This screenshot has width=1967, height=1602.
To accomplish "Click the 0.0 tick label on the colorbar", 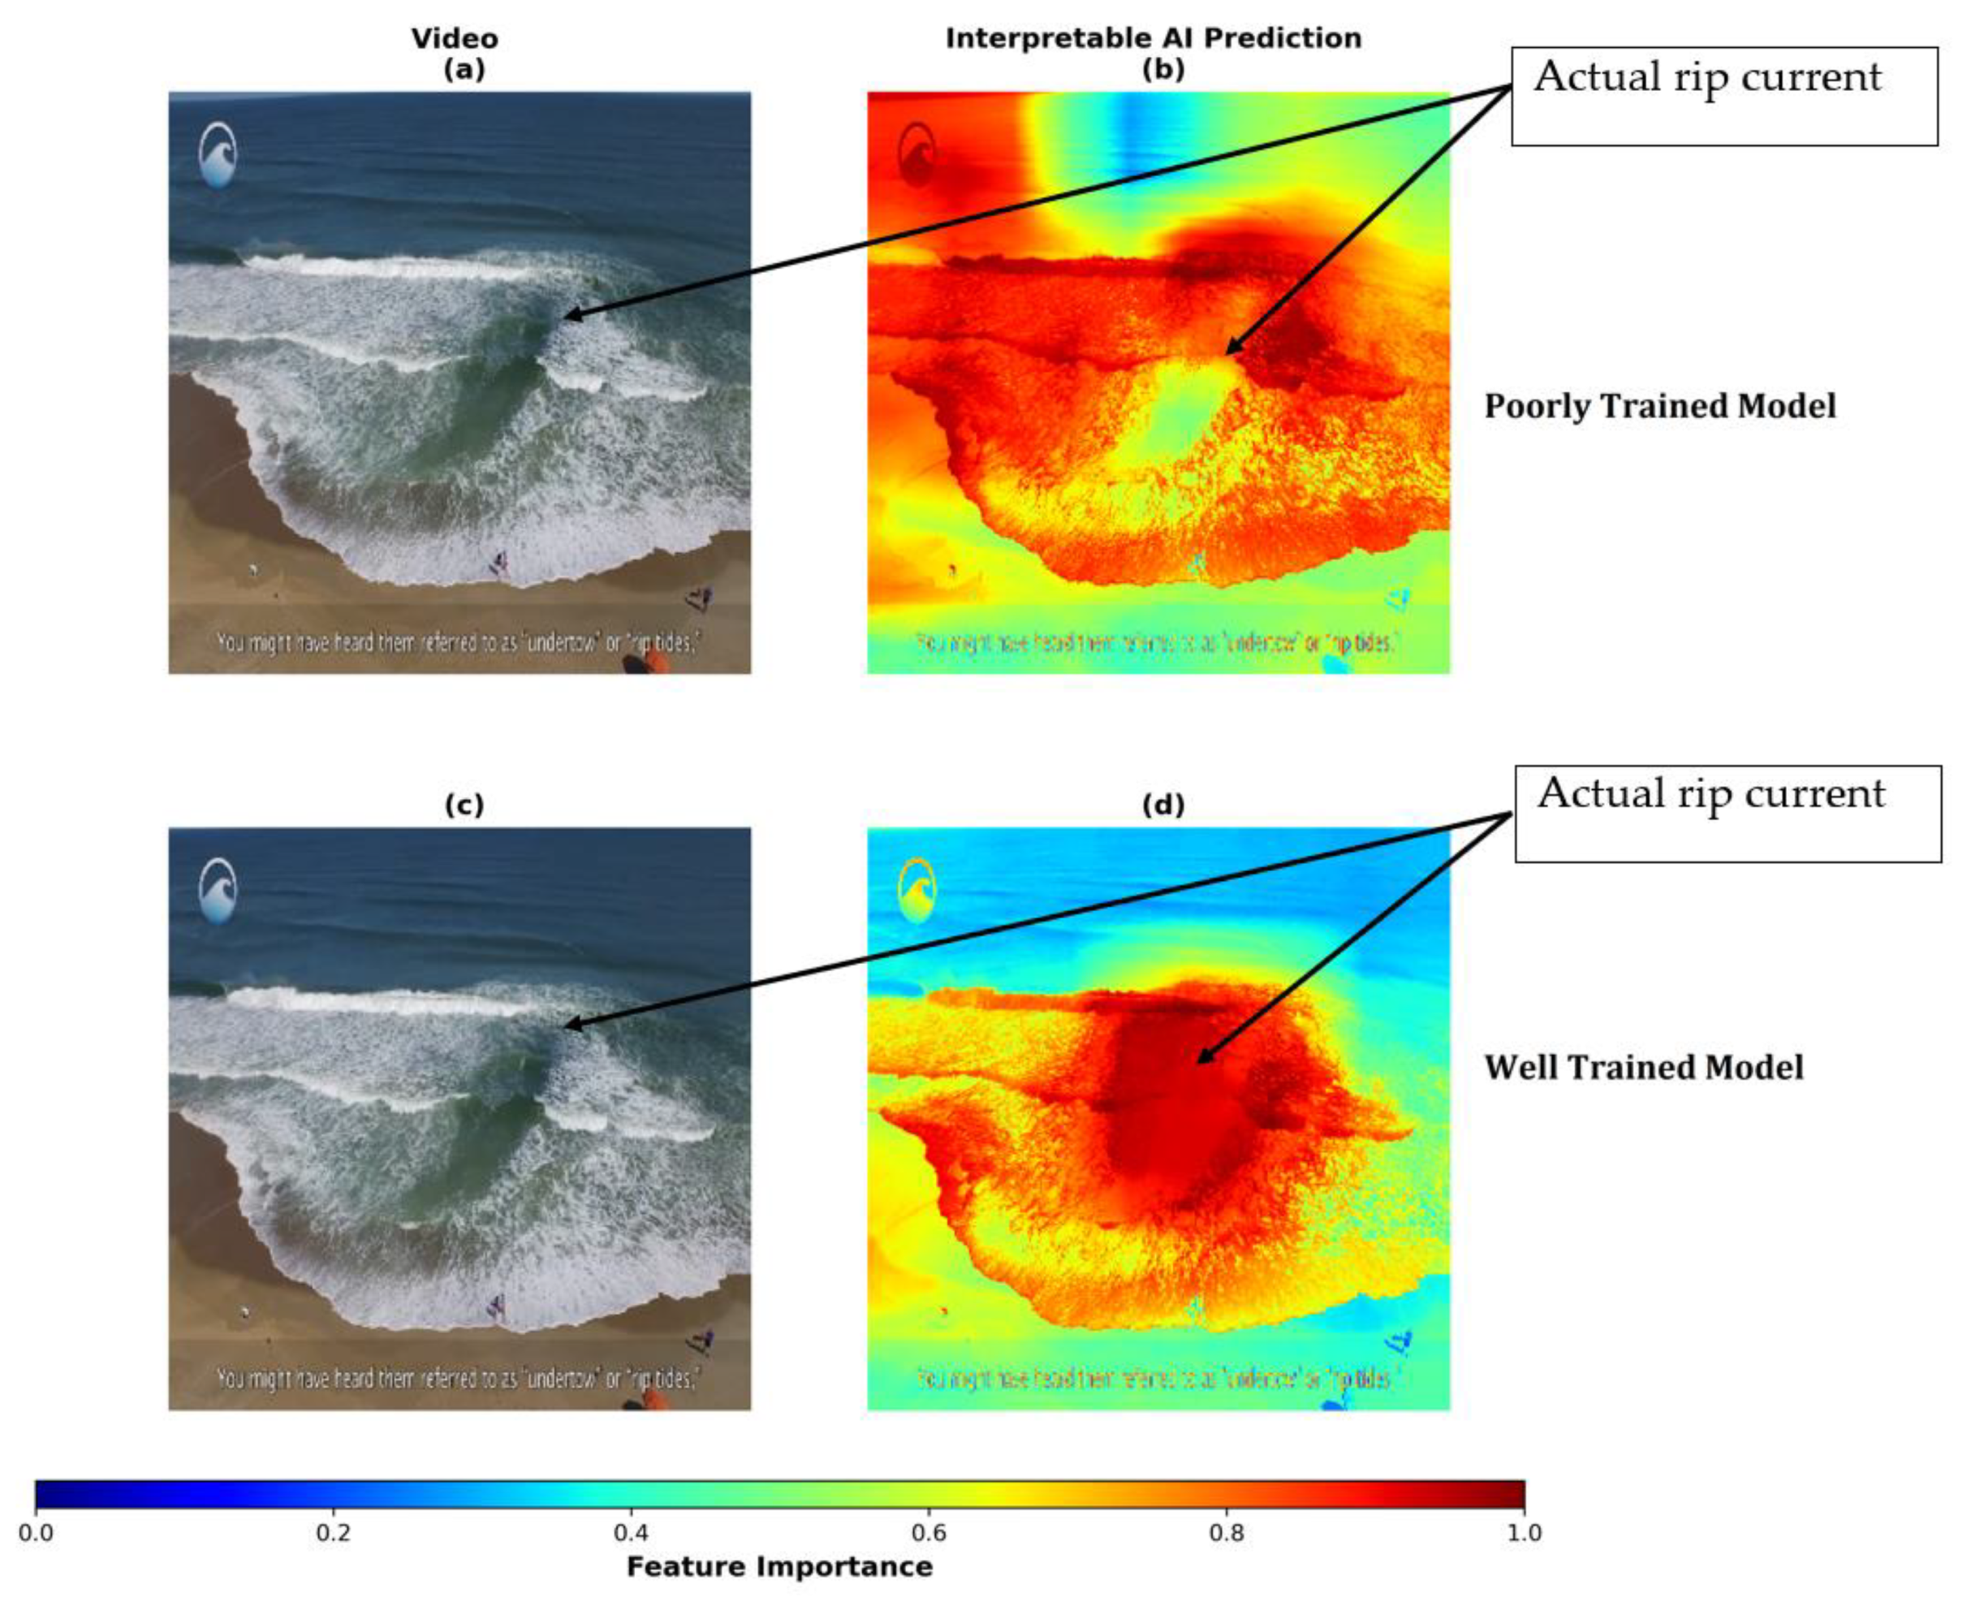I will click(x=35, y=1533).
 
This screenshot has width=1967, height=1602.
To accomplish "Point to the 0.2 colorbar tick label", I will click(x=333, y=1533).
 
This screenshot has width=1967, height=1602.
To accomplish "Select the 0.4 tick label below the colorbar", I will click(x=631, y=1533).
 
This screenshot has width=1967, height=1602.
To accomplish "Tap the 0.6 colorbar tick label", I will click(x=928, y=1533).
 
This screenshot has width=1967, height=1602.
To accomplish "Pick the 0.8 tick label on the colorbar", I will click(x=1226, y=1533).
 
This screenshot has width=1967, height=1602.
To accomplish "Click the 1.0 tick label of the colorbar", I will click(x=1524, y=1533).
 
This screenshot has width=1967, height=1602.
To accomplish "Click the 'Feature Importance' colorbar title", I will click(x=779, y=1567).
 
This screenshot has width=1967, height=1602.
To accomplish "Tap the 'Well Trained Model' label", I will click(x=1643, y=1068).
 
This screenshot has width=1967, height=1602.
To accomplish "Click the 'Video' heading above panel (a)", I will click(x=455, y=39).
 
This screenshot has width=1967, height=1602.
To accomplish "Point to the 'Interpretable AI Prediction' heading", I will click(x=1154, y=38).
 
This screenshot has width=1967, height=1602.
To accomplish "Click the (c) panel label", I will click(x=464, y=805).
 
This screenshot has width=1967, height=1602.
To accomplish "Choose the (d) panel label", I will click(x=1163, y=805).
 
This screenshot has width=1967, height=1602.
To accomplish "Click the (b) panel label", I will click(x=1163, y=69).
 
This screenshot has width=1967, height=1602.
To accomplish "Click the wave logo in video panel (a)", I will click(x=218, y=155).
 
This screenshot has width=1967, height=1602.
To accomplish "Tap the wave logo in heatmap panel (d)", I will click(x=917, y=891).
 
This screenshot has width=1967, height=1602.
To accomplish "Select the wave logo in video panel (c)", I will click(x=218, y=892).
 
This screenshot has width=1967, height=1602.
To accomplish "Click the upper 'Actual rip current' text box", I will click(x=1724, y=96).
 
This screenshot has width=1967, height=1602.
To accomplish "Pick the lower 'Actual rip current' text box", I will click(x=1728, y=813).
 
